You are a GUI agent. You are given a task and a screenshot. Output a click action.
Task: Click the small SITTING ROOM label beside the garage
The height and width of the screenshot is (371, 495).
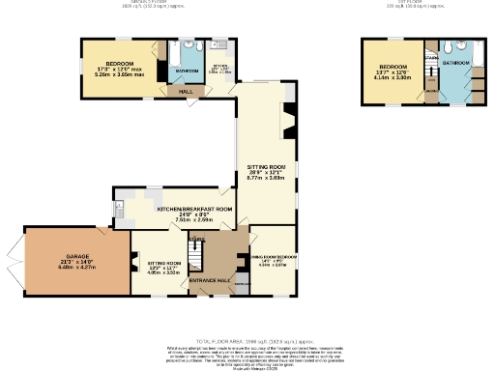pos(163,263)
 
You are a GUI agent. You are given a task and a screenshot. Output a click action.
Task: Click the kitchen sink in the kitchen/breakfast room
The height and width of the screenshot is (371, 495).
pos(119,207)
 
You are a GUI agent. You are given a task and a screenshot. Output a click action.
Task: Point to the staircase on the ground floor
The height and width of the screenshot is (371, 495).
pos(197,253)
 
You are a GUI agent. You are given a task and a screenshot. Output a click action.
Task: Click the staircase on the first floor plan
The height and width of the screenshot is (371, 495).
pos(432,77)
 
